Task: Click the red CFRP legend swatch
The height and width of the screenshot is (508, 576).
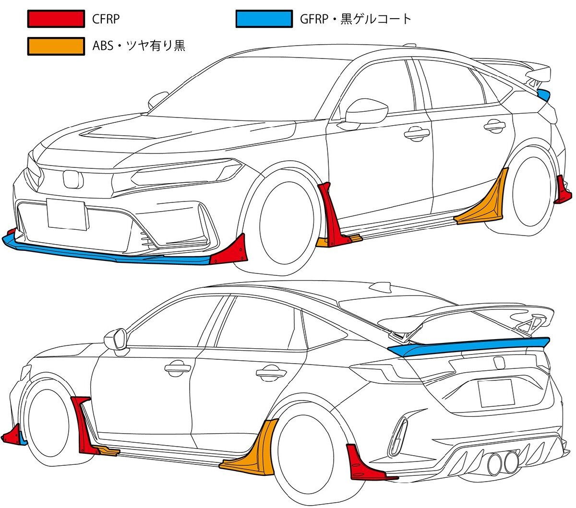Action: click(56, 19)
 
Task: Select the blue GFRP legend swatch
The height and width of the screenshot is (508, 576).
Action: click(264, 19)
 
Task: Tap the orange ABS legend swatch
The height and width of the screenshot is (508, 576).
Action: click(56, 46)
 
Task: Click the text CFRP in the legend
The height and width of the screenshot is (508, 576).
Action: click(106, 19)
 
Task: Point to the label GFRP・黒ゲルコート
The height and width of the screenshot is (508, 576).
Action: click(355, 19)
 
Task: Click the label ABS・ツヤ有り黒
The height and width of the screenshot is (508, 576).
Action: click(139, 46)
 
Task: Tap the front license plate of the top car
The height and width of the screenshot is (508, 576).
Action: click(67, 214)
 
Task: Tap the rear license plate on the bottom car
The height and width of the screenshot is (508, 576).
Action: click(496, 392)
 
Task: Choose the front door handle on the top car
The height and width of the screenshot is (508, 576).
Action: click(416, 133)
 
